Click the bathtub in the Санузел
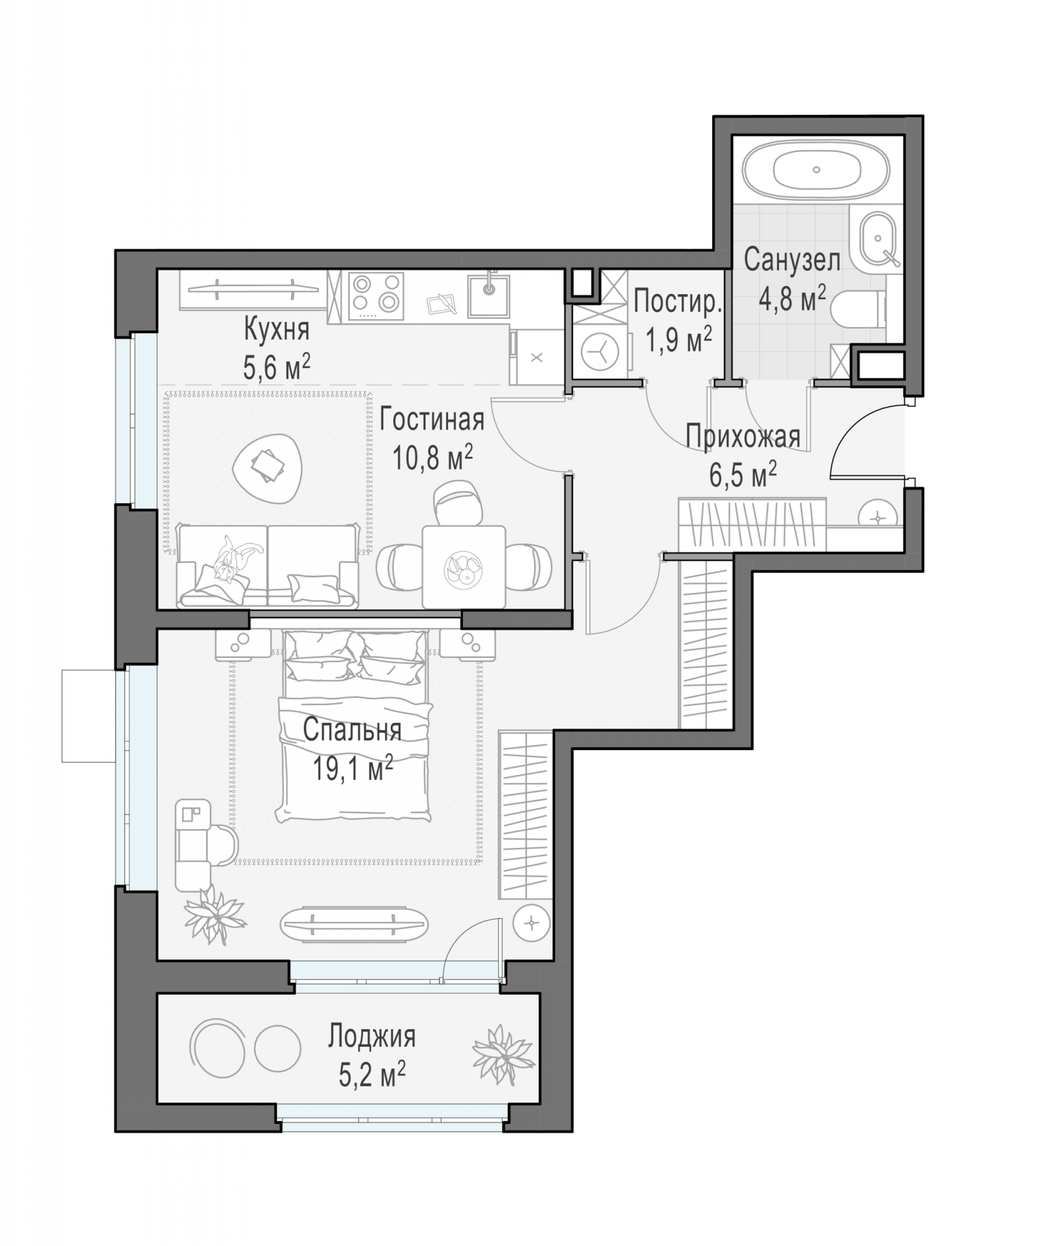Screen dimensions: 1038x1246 click(x=817, y=169)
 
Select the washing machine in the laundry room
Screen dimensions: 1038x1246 click(x=599, y=351)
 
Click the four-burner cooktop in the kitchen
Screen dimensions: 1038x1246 click(x=376, y=295)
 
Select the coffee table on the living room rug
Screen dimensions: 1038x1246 click(x=268, y=465)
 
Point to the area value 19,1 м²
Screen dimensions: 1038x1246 click(x=352, y=768)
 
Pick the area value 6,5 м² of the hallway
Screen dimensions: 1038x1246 click(x=743, y=476)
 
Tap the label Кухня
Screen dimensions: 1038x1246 click(x=276, y=330)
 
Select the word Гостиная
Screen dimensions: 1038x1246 click(x=432, y=419)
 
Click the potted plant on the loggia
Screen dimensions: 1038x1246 click(x=503, y=1055)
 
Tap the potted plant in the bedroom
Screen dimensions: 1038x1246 click(x=215, y=915)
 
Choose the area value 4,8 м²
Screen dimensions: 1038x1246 click(x=792, y=299)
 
